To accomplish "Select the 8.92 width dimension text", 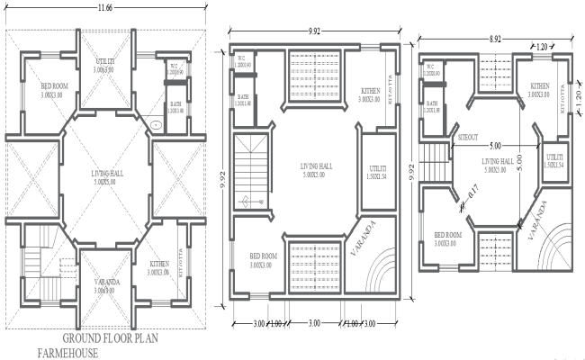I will [x=490, y=39].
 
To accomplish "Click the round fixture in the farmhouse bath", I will [x=156, y=124].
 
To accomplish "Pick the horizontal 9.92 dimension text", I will [x=314, y=31].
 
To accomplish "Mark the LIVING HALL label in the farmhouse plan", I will [x=108, y=175].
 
